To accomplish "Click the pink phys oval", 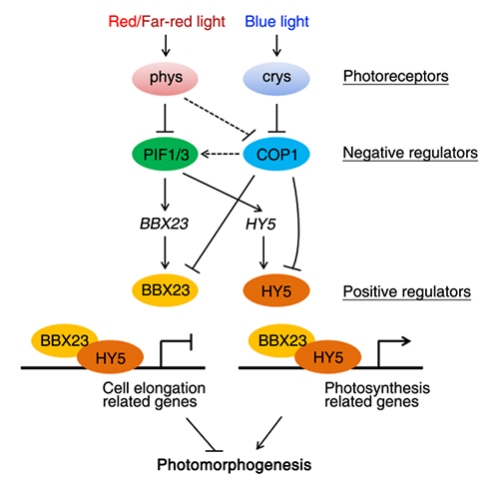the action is click(x=166, y=78).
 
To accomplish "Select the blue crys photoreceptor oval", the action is click(x=276, y=78).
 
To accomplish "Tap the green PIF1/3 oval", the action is click(x=166, y=154).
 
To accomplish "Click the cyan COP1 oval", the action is click(x=276, y=154).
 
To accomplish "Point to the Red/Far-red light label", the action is click(x=167, y=22).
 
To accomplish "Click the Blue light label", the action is click(x=276, y=22).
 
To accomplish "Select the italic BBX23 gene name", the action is click(x=165, y=224).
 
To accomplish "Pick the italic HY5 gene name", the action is click(x=260, y=225).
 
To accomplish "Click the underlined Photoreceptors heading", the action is click(x=396, y=77).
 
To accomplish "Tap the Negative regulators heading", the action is click(x=410, y=153).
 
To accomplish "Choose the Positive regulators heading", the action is click(x=407, y=292).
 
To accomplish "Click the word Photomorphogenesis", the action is click(x=235, y=465).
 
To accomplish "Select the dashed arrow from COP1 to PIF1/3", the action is click(x=221, y=154).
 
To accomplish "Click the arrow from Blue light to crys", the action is click(x=276, y=46).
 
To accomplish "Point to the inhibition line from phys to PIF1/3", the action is click(x=166, y=118).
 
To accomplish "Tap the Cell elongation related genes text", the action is click(x=154, y=395).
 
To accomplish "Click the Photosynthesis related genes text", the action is click(x=377, y=395).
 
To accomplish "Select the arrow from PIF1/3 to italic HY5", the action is click(x=223, y=192).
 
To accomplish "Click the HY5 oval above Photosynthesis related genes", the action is click(x=328, y=357).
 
